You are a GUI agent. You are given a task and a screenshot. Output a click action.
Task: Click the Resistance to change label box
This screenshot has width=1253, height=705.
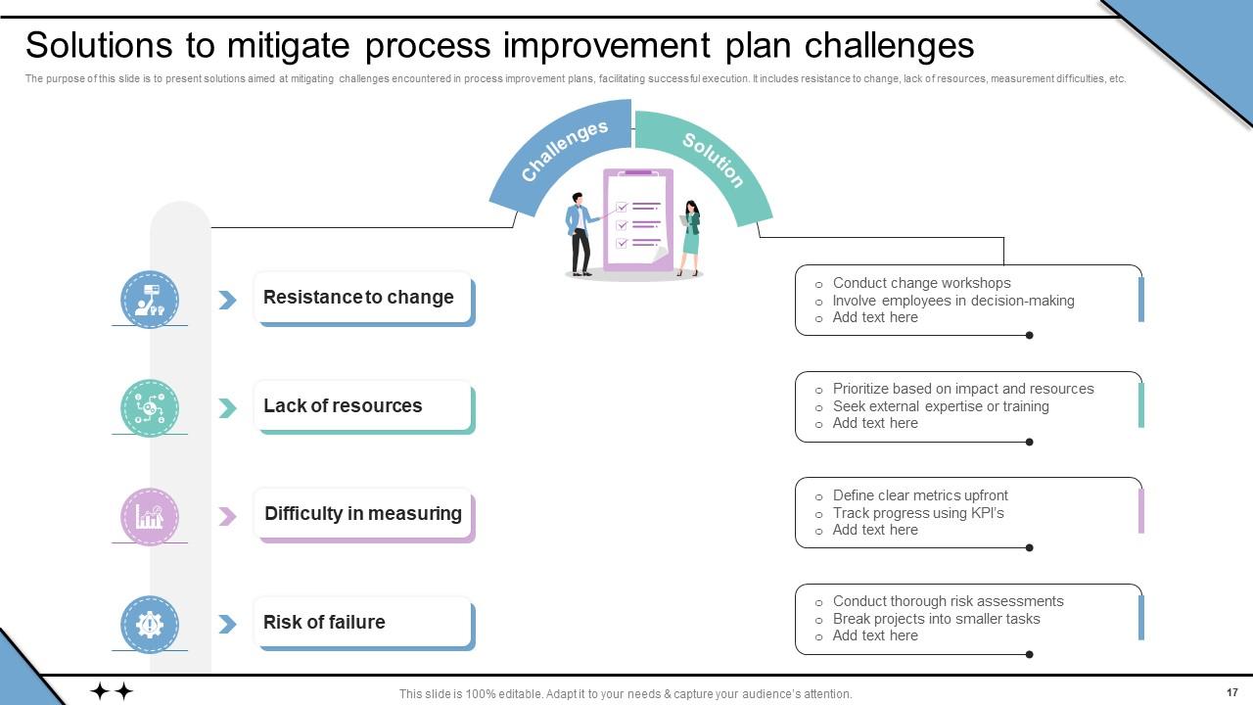(363, 298)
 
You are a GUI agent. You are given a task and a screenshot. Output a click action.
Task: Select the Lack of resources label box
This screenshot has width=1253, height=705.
(363, 406)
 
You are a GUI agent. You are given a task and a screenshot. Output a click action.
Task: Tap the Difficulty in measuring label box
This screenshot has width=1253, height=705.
(363, 514)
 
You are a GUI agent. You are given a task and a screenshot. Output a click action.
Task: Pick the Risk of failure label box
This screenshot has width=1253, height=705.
(363, 623)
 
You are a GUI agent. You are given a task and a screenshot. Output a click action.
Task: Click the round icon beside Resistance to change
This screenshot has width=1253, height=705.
(150, 299)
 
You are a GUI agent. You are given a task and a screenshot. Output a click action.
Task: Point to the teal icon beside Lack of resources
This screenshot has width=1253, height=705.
(150, 407)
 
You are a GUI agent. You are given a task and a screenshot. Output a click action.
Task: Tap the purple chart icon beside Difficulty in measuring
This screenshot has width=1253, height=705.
(150, 516)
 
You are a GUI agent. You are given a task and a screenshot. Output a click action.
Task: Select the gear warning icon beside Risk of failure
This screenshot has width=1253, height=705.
(150, 624)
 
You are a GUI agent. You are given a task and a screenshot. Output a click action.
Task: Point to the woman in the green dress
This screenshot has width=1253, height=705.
(691, 238)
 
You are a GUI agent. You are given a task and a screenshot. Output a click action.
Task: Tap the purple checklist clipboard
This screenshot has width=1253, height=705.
(638, 219)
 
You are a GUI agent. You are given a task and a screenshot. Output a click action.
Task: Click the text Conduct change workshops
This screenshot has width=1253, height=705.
(921, 283)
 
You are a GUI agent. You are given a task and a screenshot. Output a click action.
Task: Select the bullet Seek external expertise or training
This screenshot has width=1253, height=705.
(940, 406)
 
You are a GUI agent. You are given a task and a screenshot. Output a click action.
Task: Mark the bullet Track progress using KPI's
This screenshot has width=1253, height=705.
(917, 513)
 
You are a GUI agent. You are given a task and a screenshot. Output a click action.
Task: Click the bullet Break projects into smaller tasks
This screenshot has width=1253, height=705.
(936, 619)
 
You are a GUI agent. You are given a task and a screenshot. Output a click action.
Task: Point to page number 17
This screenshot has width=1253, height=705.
(1231, 692)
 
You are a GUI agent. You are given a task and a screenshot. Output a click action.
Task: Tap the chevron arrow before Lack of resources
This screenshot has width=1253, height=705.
(227, 407)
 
